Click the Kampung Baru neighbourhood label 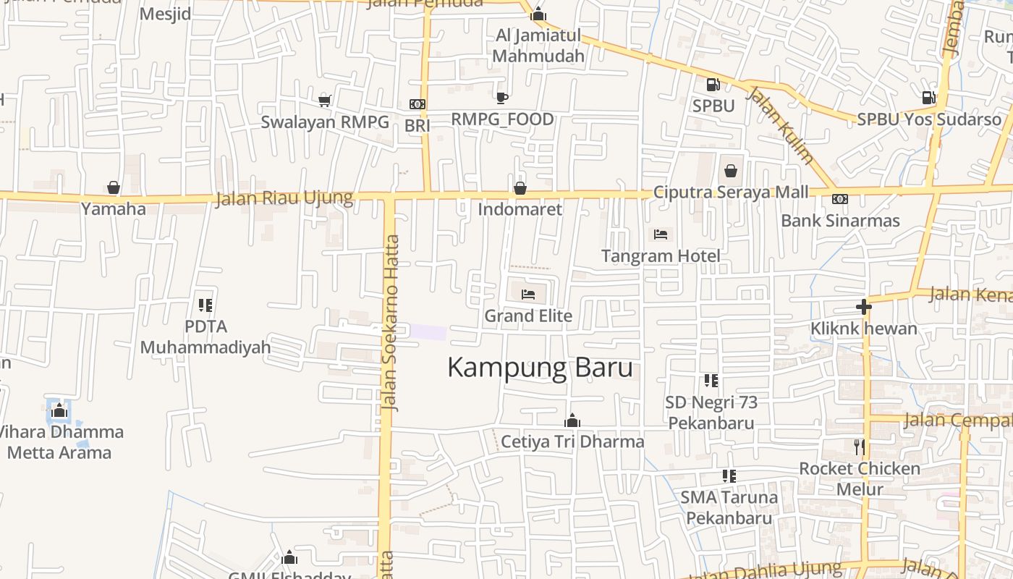click(540, 368)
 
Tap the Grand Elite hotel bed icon click(528, 295)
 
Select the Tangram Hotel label click(661, 255)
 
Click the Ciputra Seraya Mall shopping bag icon click(731, 172)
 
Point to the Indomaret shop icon click(520, 189)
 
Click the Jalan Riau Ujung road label click(284, 198)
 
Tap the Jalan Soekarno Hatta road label click(390, 322)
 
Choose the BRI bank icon click(418, 104)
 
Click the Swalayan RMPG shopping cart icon click(325, 101)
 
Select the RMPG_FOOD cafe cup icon click(502, 98)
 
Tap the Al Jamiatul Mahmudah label click(538, 45)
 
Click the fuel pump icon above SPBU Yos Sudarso click(928, 98)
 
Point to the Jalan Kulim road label click(780, 125)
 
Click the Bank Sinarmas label click(840, 221)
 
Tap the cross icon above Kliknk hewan click(863, 307)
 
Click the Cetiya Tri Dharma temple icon click(572, 420)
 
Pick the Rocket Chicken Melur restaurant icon click(859, 447)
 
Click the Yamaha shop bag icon click(114, 188)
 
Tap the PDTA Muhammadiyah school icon click(205, 305)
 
